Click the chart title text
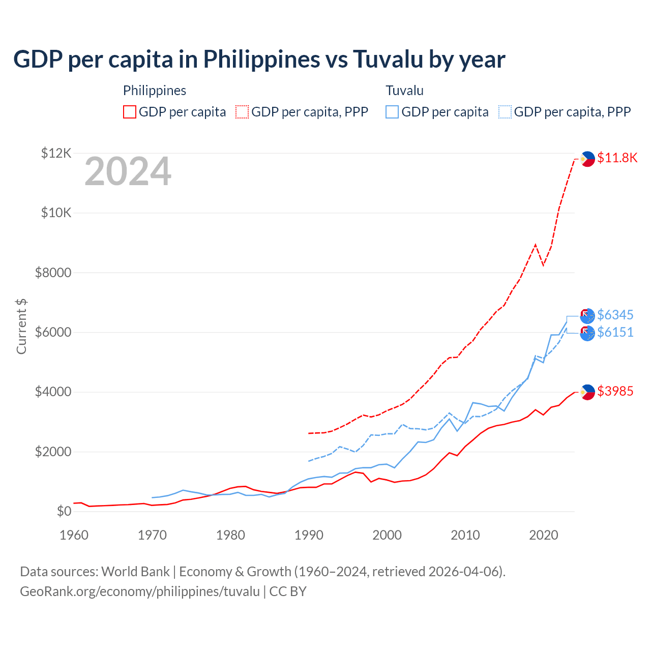click(259, 59)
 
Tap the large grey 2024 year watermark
click(128, 171)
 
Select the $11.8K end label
click(617, 158)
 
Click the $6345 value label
click(615, 315)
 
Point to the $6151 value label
click(615, 332)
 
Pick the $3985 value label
click(615, 391)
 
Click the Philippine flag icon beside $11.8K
click(587, 159)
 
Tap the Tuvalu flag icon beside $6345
click(587, 316)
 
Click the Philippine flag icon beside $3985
click(587, 392)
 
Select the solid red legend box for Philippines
click(130, 112)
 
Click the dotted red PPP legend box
click(242, 112)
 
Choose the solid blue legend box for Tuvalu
click(392, 112)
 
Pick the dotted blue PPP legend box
click(505, 112)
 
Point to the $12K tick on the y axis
click(56, 153)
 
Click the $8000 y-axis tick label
click(53, 273)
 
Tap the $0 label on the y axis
click(64, 511)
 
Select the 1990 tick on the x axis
click(309, 535)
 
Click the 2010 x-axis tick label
click(465, 535)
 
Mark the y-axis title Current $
click(21, 327)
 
